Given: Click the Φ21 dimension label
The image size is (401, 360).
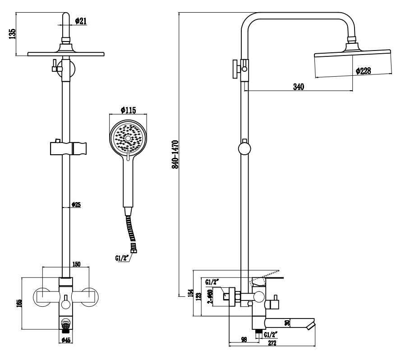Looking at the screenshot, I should (x=81, y=21).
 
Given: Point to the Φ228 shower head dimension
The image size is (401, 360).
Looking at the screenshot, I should (x=364, y=70).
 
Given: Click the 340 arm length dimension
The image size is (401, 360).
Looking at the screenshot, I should (x=298, y=87).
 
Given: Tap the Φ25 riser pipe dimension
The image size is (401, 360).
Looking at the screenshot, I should (x=77, y=205).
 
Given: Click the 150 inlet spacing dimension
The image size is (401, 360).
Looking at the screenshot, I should (x=76, y=264).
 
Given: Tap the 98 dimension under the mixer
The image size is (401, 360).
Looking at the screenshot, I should (x=244, y=339).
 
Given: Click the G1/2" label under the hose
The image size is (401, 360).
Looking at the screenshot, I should (x=122, y=258).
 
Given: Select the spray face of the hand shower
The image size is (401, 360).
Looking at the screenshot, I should (x=129, y=137).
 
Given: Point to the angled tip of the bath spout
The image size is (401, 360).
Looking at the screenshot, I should (x=311, y=324).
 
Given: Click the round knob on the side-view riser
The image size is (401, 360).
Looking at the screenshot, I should (x=244, y=149).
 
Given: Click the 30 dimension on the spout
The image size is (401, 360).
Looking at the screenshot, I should (x=287, y=323).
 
